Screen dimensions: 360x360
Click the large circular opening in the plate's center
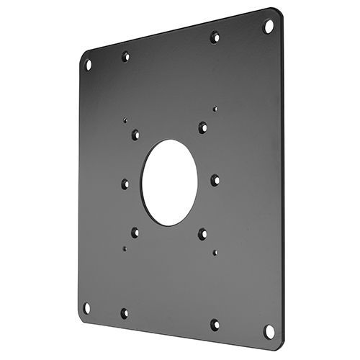click(169, 181)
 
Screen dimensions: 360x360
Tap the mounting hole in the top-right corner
click(269, 27)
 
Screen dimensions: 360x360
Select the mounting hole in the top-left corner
click(88, 65)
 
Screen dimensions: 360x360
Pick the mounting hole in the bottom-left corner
click(86, 307)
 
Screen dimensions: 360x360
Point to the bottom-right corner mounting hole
click(269, 331)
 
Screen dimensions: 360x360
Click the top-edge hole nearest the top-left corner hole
click(125, 56)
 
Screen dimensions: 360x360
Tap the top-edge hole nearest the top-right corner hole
click(215, 37)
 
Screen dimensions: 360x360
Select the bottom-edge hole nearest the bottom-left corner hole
click(124, 313)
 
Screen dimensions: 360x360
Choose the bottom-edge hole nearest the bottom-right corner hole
click(215, 325)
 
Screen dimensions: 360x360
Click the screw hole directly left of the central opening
click(125, 184)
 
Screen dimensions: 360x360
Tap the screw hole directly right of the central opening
click(215, 181)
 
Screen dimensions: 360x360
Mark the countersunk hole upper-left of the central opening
click(135, 134)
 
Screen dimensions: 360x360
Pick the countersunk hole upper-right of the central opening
click(203, 127)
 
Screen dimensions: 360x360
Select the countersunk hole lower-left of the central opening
click(135, 232)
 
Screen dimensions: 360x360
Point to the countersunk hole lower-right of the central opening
click(202, 233)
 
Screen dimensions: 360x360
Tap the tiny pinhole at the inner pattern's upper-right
click(215, 109)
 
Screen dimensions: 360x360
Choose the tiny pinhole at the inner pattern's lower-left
click(124, 248)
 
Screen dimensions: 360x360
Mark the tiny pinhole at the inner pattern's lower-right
click(215, 252)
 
